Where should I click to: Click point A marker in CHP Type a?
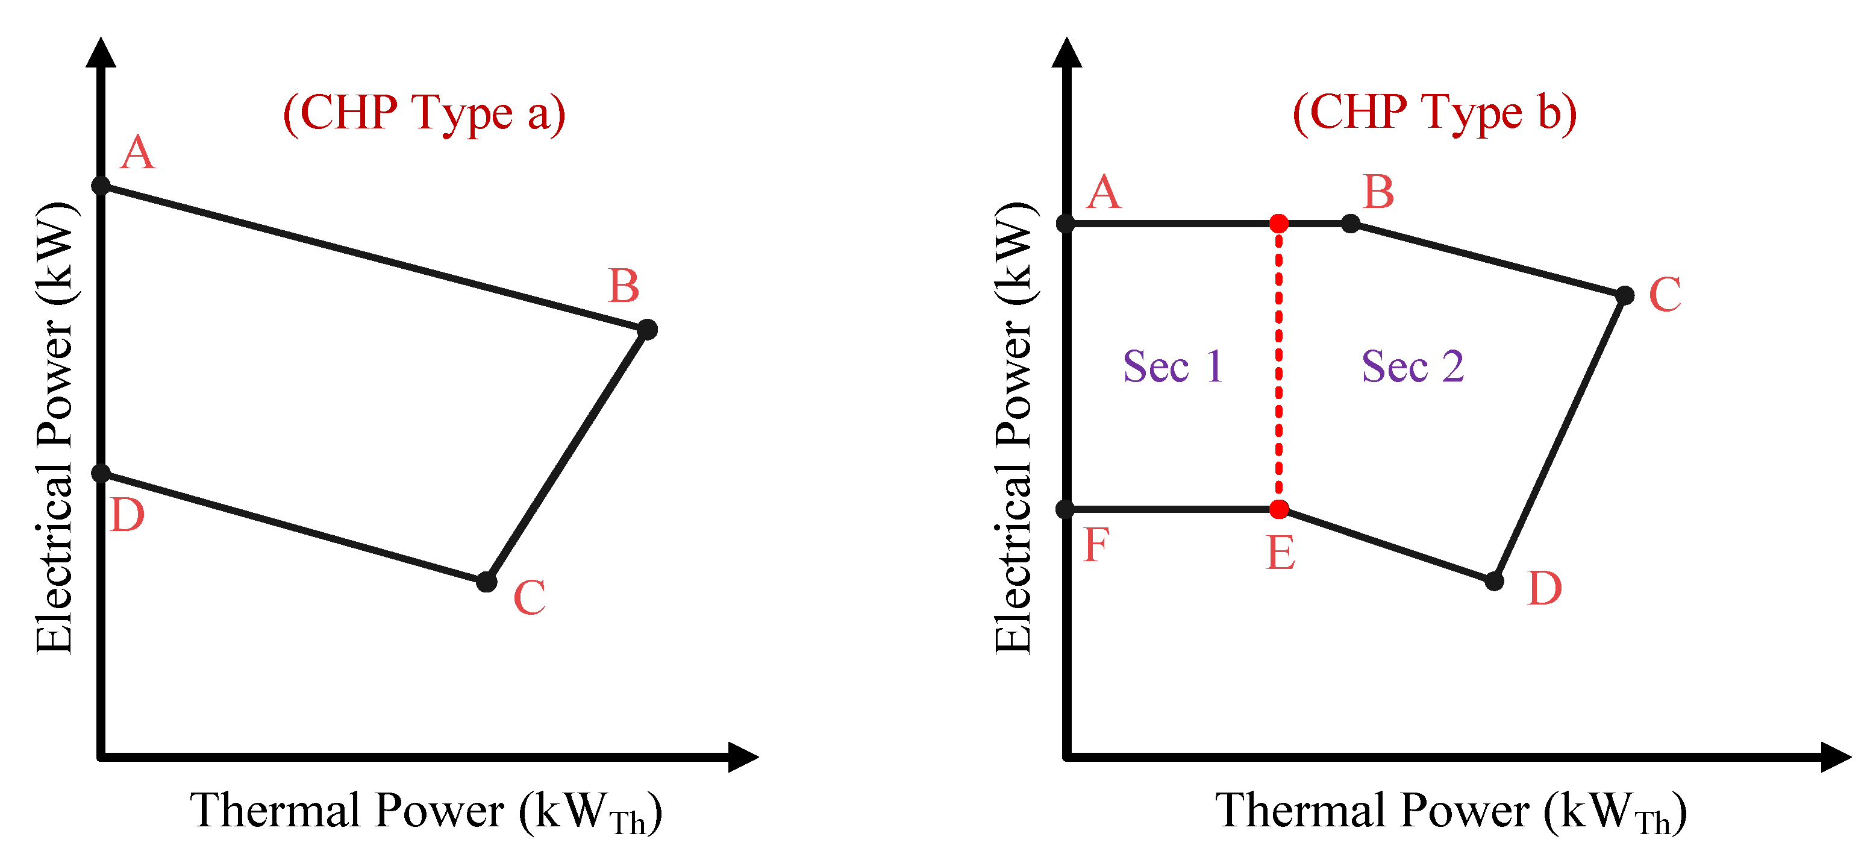[101, 186]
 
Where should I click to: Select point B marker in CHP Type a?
[646, 329]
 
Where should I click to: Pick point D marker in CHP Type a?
[101, 474]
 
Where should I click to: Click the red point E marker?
[1279, 509]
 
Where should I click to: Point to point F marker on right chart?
[1066, 509]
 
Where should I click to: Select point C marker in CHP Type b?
[1625, 295]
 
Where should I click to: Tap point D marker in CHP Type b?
[1495, 580]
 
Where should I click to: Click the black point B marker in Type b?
[1350, 223]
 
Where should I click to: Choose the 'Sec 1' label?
[1172, 366]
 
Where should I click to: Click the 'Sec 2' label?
[1412, 366]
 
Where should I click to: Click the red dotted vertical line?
[1279, 364]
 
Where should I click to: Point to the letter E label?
[1281, 554]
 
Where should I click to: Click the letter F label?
[1096, 545]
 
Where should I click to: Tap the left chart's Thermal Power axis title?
[426, 811]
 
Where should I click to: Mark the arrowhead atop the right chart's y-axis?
[1067, 52]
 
